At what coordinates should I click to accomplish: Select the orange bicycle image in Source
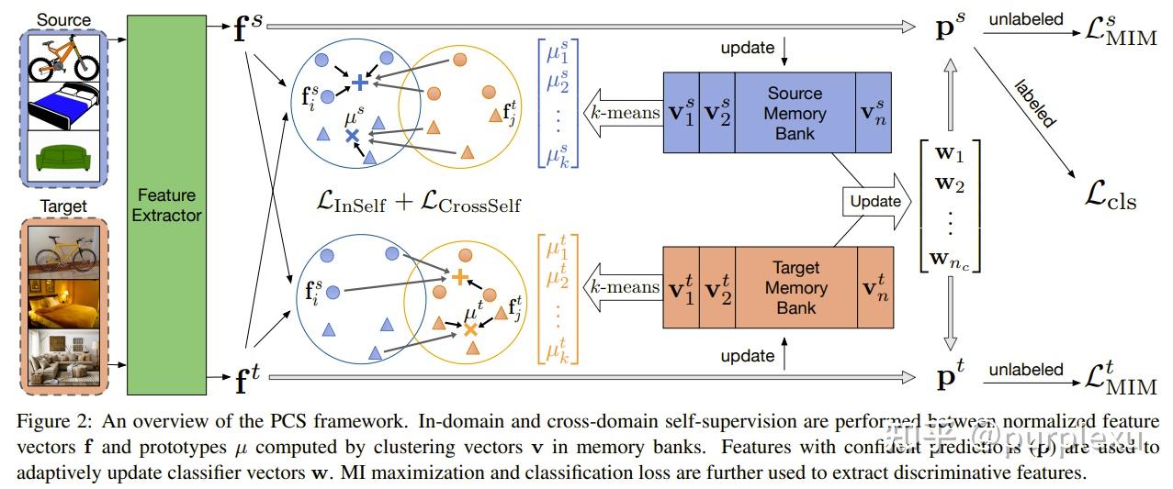pos(63,59)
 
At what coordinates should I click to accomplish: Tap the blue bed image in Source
pos(63,107)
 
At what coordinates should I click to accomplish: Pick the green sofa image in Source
pos(63,156)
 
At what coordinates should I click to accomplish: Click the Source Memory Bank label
pos(795,113)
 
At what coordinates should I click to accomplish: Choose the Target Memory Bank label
pos(795,287)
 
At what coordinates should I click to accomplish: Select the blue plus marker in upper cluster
pos(360,83)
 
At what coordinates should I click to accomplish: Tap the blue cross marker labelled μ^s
pos(352,136)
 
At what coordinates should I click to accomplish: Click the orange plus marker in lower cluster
pos(460,275)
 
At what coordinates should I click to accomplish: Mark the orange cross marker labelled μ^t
pos(470,328)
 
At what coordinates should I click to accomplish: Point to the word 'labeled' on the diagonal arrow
pos(1035,103)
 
